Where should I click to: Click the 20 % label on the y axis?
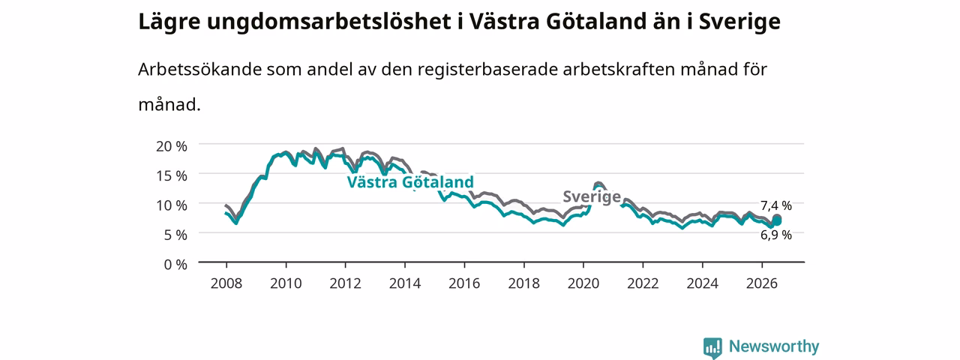click(172, 146)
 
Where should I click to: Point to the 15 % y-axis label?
click(172, 175)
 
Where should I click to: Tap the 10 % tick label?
click(172, 205)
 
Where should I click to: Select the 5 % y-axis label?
click(175, 235)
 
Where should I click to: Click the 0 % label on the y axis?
click(175, 265)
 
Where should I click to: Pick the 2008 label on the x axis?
click(226, 283)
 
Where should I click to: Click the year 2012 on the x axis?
click(346, 283)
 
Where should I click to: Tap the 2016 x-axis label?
click(464, 283)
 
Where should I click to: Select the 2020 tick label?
click(583, 283)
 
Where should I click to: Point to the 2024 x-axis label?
click(703, 283)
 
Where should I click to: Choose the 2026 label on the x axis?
click(762, 283)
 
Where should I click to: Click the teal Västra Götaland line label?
click(410, 182)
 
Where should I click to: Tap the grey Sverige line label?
click(592, 196)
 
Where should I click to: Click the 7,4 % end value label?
click(776, 205)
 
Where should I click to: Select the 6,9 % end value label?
click(776, 235)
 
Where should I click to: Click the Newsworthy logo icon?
click(712, 347)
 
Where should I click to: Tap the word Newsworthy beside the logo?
click(774, 346)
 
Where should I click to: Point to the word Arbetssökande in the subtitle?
click(199, 69)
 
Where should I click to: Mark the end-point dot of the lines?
click(776, 220)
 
